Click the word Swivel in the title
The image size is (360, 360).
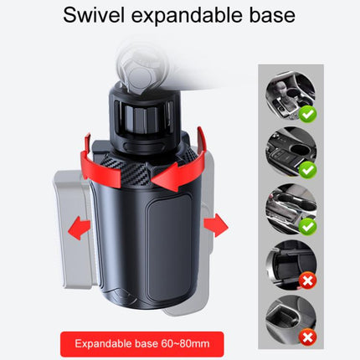[94, 15]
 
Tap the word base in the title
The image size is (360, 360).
[272, 15]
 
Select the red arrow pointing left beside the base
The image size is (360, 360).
[80, 228]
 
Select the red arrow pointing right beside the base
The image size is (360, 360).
[216, 225]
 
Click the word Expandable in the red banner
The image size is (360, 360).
[103, 344]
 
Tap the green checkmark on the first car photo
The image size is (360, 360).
[307, 115]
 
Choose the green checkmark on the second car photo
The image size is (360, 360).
[307, 170]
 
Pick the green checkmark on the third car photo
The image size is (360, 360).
[307, 226]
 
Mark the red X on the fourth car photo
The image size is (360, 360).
[307, 280]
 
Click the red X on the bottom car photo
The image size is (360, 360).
[307, 337]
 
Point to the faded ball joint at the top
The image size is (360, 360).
[141, 69]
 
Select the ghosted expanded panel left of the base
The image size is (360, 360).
[73, 229]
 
